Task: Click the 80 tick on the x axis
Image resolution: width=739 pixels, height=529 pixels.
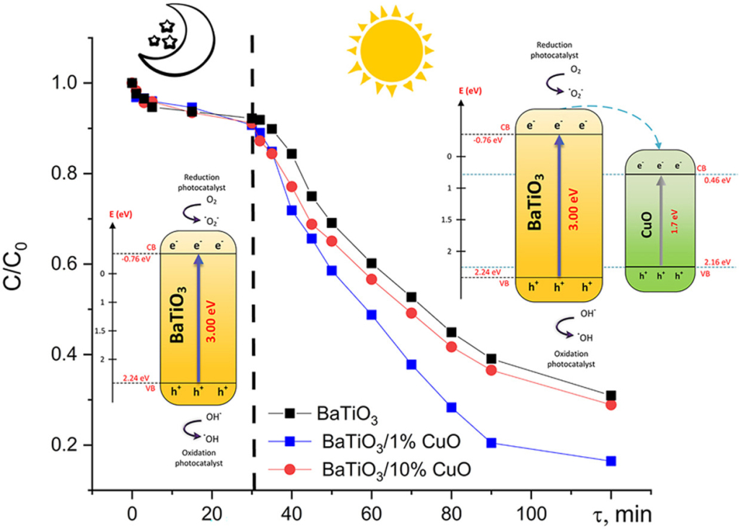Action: pos(451,513)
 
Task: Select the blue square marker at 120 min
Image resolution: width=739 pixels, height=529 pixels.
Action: pos(611,461)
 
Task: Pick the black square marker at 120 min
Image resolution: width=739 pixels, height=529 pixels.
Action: pos(611,395)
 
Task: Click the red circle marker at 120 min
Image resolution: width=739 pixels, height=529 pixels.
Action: pos(611,405)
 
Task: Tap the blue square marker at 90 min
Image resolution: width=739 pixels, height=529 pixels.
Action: pos(491,443)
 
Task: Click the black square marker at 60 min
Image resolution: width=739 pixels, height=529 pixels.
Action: pos(372,263)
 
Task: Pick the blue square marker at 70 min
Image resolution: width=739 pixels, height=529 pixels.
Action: pos(411,364)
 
